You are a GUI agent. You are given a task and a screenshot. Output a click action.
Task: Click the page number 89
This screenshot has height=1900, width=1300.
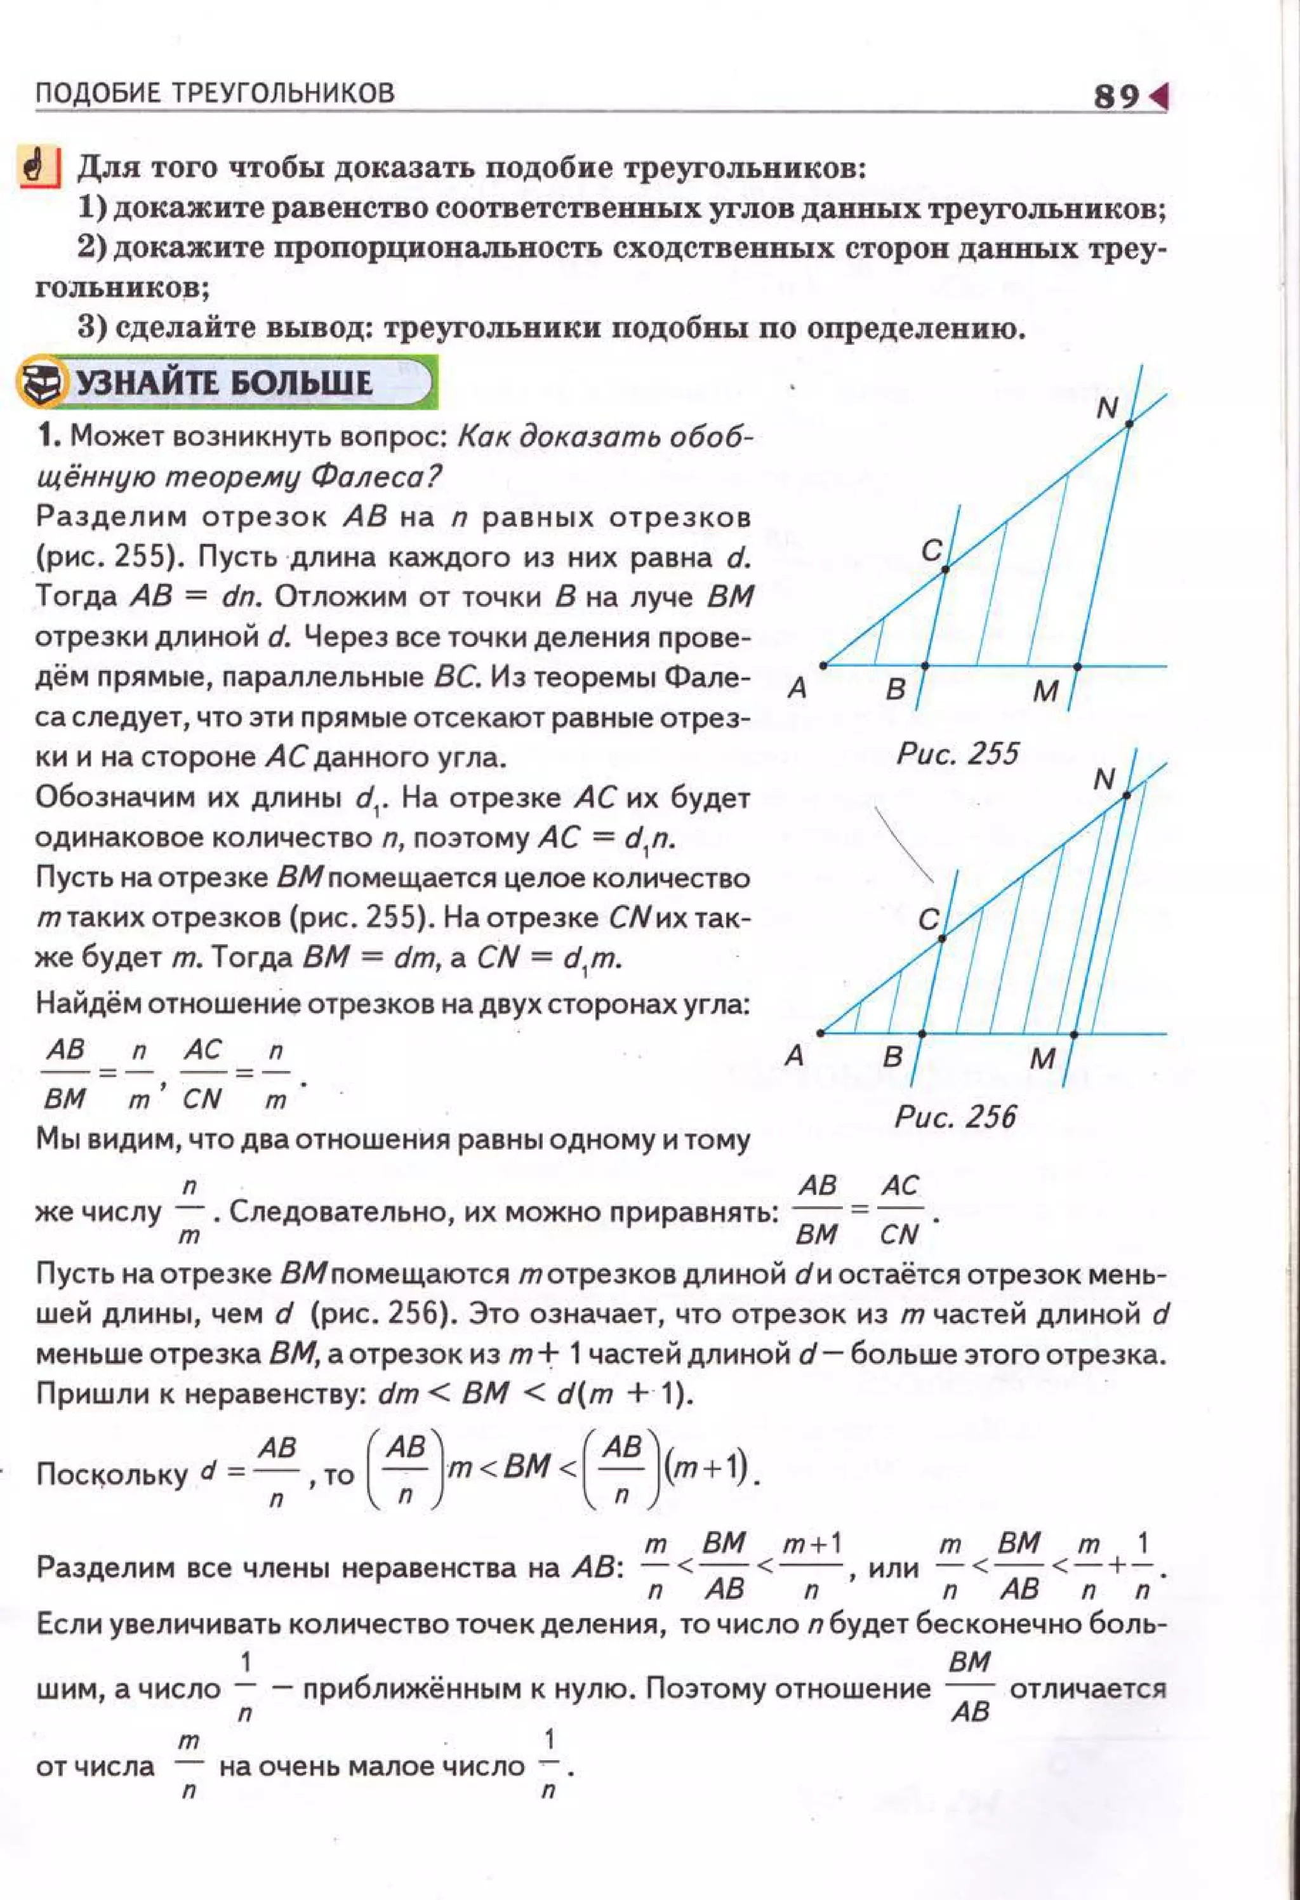click(x=1116, y=97)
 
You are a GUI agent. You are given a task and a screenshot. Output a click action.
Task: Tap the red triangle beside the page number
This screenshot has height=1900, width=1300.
click(x=1160, y=97)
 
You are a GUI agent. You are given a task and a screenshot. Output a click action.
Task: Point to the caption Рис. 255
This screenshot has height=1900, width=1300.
click(x=957, y=752)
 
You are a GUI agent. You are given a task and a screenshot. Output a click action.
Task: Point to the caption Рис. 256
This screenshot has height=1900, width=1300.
click(x=955, y=1116)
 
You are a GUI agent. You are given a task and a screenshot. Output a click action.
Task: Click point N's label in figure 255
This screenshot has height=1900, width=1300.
click(x=1106, y=407)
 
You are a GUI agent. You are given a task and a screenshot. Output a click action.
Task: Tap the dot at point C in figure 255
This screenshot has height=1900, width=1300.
click(x=945, y=569)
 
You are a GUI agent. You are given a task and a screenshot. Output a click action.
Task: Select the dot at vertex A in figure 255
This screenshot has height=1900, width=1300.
click(x=823, y=665)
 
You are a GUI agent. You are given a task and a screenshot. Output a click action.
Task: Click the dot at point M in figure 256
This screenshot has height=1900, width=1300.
click(x=1073, y=1034)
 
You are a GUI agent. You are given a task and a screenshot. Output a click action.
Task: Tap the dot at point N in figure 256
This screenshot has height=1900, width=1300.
click(x=1126, y=795)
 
